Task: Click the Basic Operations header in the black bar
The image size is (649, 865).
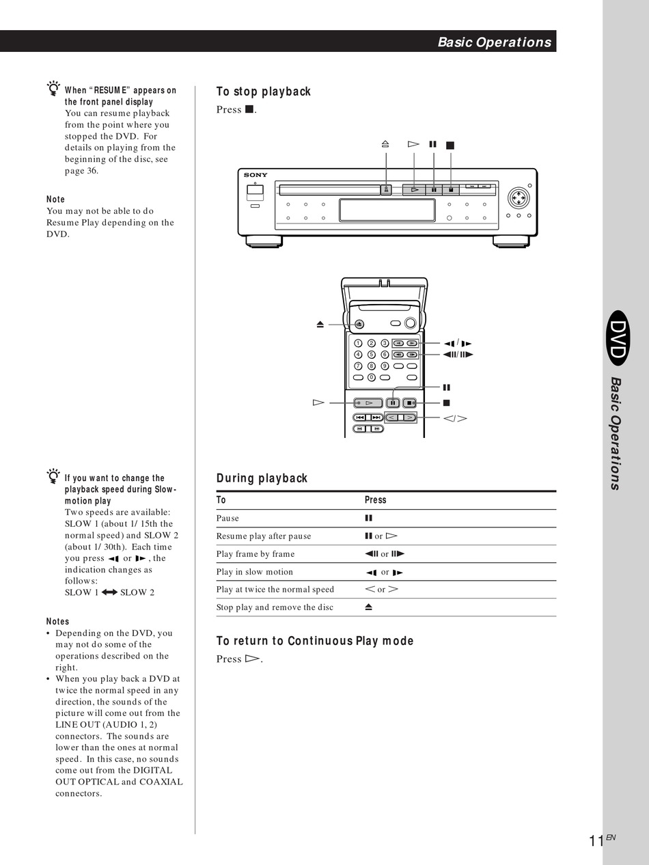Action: (x=494, y=42)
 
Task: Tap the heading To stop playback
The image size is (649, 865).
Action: (x=264, y=92)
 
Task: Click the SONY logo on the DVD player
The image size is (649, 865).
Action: (x=256, y=176)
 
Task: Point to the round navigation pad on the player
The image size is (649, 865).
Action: (x=519, y=199)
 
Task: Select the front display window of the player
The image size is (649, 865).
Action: (x=387, y=210)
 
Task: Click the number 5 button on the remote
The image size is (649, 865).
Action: (x=372, y=355)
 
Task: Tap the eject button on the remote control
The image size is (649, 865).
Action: (x=360, y=325)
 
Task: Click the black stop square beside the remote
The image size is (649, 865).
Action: (x=447, y=403)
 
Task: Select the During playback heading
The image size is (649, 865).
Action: (x=262, y=478)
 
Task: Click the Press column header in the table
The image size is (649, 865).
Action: (x=376, y=500)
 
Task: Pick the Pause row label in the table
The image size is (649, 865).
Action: (x=228, y=519)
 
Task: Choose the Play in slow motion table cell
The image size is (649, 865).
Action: (x=255, y=572)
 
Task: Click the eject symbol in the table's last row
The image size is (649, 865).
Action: (x=369, y=607)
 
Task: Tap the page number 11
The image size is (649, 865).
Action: (x=596, y=841)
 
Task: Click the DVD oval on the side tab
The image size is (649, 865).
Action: (x=618, y=341)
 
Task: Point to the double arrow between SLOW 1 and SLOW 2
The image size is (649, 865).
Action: (x=109, y=592)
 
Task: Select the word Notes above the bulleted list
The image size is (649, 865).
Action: (x=58, y=622)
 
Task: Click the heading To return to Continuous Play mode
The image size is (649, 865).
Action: (x=315, y=641)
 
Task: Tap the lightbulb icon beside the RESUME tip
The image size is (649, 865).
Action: (x=53, y=88)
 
